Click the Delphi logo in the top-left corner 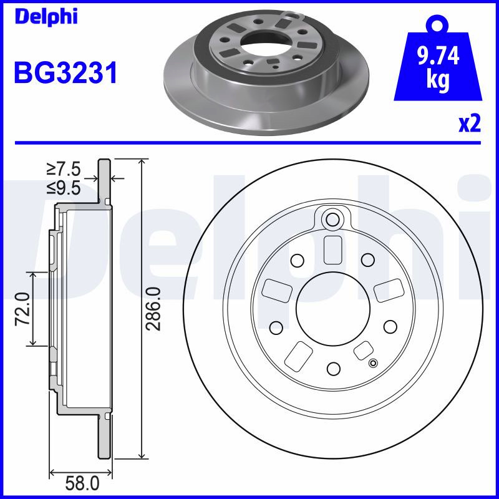pos(46,17)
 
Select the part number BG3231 pos(66,73)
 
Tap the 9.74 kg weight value pos(438,68)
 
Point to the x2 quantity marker pos(470,124)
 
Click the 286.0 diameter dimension pos(153,309)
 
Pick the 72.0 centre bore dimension pos(23,309)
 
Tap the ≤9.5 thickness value pos(64,188)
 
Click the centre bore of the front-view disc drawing pos(333,309)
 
